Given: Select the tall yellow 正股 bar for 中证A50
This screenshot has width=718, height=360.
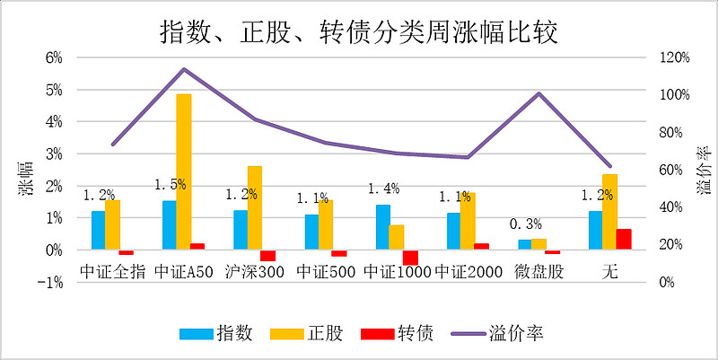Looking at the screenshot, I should click(183, 171).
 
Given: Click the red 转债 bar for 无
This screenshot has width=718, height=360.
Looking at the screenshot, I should click(623, 239).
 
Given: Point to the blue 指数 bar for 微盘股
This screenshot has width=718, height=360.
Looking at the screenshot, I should click(525, 244).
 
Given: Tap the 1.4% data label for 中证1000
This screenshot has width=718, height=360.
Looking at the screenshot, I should click(383, 189).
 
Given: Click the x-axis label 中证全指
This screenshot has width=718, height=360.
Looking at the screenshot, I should click(112, 271).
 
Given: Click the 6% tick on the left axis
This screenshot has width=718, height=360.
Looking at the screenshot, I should click(54, 57).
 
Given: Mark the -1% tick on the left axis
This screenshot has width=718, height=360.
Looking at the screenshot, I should click(52, 282).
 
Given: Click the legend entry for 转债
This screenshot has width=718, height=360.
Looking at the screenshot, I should click(396, 333).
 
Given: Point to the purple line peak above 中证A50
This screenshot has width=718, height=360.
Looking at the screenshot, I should click(183, 69).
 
